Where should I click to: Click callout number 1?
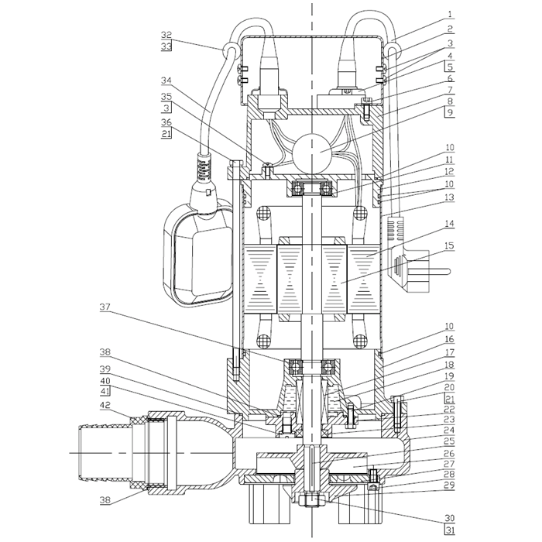click(449, 15)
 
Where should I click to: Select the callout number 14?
click(449, 224)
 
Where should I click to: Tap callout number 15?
click(449, 245)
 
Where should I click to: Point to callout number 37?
click(105, 307)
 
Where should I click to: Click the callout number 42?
click(105, 405)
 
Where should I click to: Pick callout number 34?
click(166, 81)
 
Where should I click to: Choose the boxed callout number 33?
click(166, 46)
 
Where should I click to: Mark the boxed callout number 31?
click(449, 530)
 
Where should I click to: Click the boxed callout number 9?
click(449, 113)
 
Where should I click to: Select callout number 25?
click(449, 441)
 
